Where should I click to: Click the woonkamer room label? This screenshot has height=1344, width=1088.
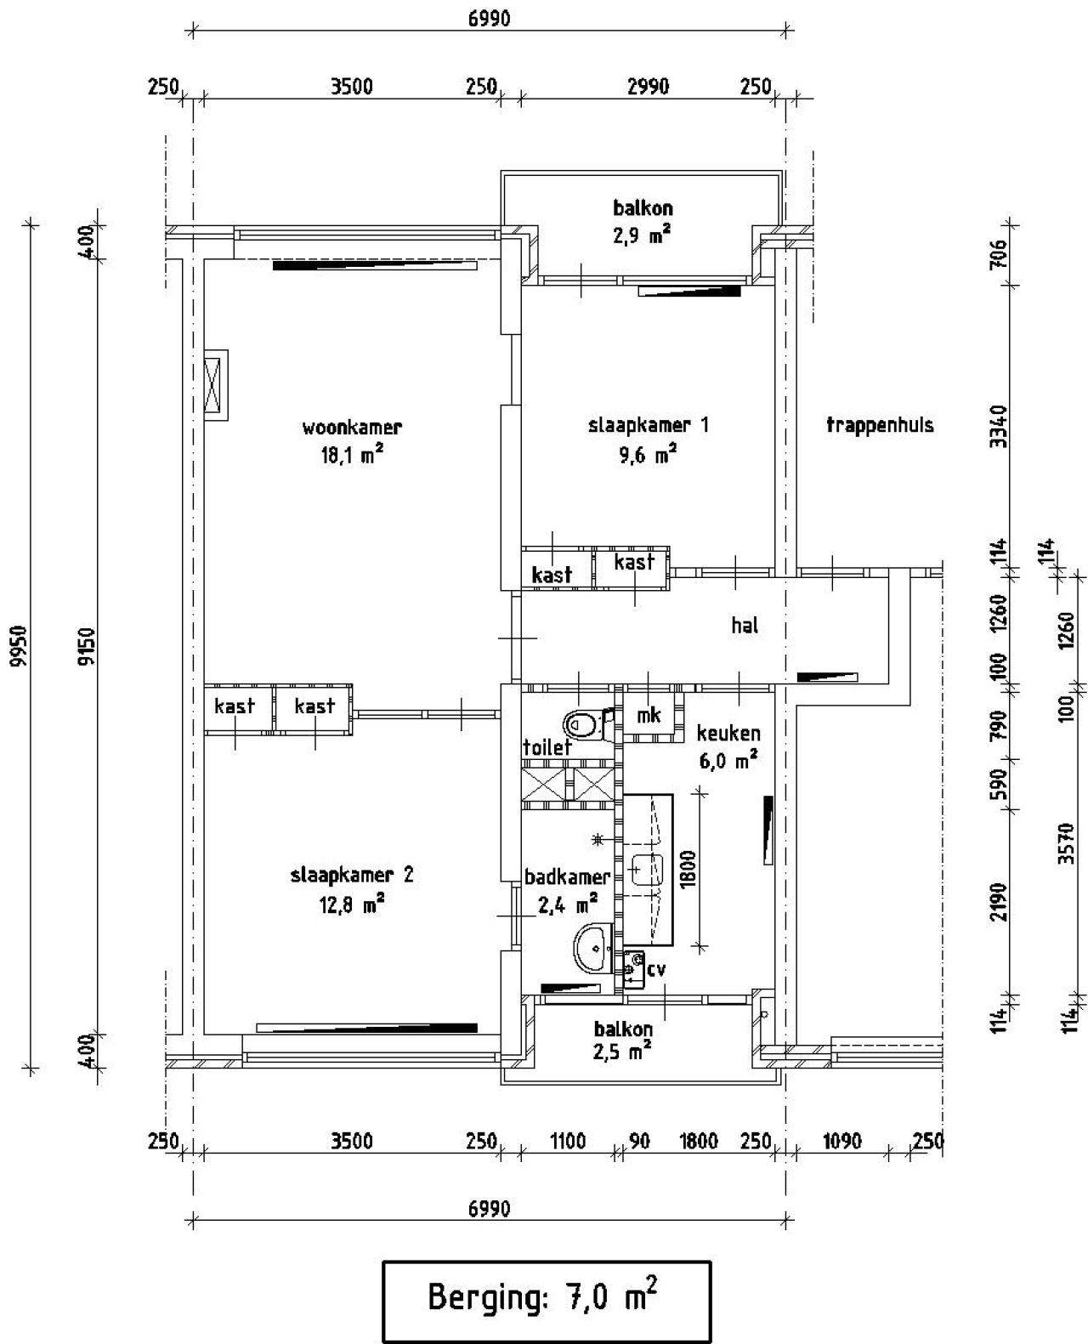(x=352, y=428)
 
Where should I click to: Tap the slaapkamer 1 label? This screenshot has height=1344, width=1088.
(x=648, y=425)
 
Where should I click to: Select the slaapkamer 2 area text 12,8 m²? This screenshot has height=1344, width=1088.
(x=352, y=905)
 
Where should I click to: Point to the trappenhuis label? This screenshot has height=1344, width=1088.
(x=880, y=425)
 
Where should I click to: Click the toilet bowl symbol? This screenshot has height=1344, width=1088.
(x=585, y=724)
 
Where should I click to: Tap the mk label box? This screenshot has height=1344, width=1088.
(x=649, y=716)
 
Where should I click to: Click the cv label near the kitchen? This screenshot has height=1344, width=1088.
(x=655, y=969)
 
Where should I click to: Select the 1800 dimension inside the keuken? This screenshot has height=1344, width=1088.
(x=688, y=869)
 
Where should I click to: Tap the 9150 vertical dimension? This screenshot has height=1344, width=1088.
(x=84, y=648)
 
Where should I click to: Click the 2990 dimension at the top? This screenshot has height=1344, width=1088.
(x=648, y=87)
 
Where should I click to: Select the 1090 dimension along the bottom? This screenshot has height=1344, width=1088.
(x=842, y=1141)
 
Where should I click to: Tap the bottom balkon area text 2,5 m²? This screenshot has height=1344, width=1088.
(x=623, y=1052)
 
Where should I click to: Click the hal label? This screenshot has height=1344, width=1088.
(x=745, y=626)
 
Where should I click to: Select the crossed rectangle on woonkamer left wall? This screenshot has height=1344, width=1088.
(x=216, y=384)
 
